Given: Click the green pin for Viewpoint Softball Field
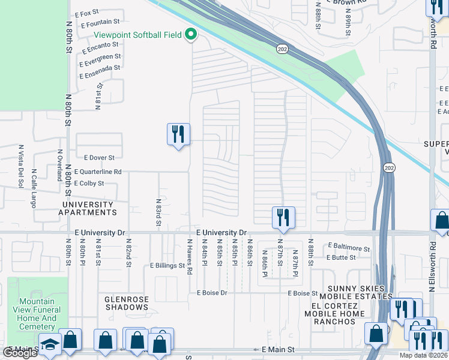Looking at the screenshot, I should [191, 35].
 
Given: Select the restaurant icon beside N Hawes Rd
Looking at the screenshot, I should [178, 134].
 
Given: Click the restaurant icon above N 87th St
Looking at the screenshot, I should [283, 217].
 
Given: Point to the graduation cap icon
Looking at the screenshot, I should [50, 344].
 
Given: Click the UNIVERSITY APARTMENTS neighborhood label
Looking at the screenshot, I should [87, 208].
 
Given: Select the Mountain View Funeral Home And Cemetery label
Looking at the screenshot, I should [37, 314].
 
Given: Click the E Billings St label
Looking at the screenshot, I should [167, 265].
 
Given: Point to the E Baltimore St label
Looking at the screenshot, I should [349, 248].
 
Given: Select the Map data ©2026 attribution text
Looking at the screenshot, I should [424, 355].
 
